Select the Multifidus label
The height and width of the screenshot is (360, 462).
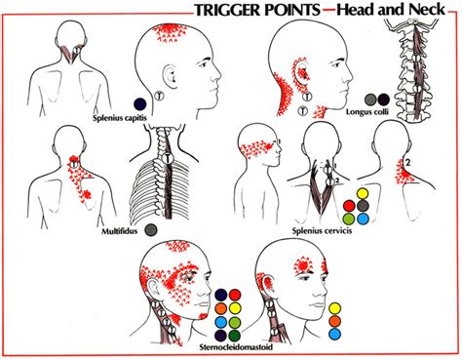click(115, 231)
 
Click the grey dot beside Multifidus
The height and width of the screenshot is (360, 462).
click(151, 231)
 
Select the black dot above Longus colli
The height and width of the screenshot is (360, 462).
click(384, 100)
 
